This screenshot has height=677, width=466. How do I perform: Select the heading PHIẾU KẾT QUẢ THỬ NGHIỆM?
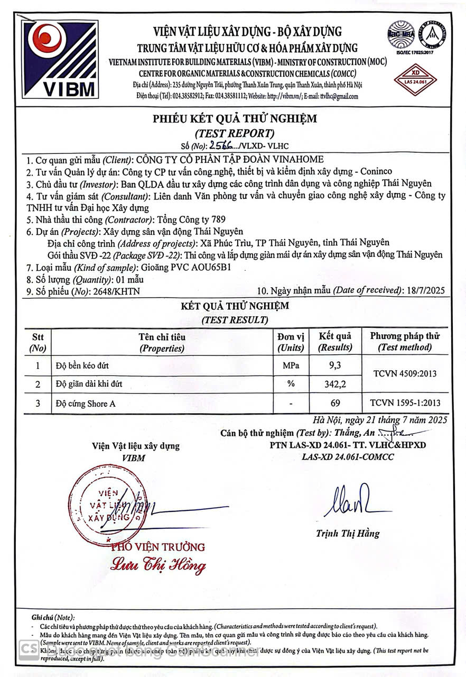coord(235,118)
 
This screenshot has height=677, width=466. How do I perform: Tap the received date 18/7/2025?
coord(424,290)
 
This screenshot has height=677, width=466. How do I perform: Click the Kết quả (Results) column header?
coord(335,342)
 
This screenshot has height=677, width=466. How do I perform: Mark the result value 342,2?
coord(335,385)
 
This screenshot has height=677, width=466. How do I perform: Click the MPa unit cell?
coord(291,365)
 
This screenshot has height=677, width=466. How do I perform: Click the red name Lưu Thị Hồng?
coord(158,565)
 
